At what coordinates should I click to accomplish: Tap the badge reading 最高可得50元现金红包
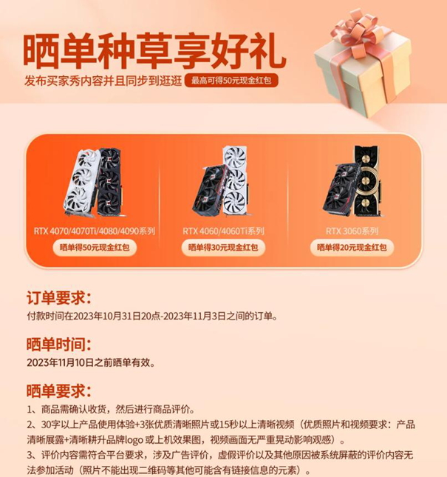pyautogui.click(x=231, y=81)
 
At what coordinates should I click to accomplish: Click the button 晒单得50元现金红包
pyautogui.click(x=95, y=247)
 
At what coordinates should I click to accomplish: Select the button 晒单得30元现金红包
pyautogui.click(x=223, y=247)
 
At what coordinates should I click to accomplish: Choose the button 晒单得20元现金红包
pyautogui.click(x=352, y=247)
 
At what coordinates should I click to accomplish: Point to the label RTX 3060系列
pyautogui.click(x=352, y=231)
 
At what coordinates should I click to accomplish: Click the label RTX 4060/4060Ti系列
pyautogui.click(x=223, y=231)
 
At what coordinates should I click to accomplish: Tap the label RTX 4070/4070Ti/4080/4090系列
pyautogui.click(x=95, y=231)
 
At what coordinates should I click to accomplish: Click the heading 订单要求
pyautogui.click(x=59, y=298)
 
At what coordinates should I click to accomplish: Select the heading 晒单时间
pyautogui.click(x=59, y=345)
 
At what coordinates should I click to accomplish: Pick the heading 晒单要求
pyautogui.click(x=59, y=391)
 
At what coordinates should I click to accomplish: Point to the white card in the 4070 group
pyautogui.click(x=81, y=182)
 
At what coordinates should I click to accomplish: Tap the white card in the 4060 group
pyautogui.click(x=236, y=181)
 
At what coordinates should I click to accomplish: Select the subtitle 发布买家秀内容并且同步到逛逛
pyautogui.click(x=103, y=81)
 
